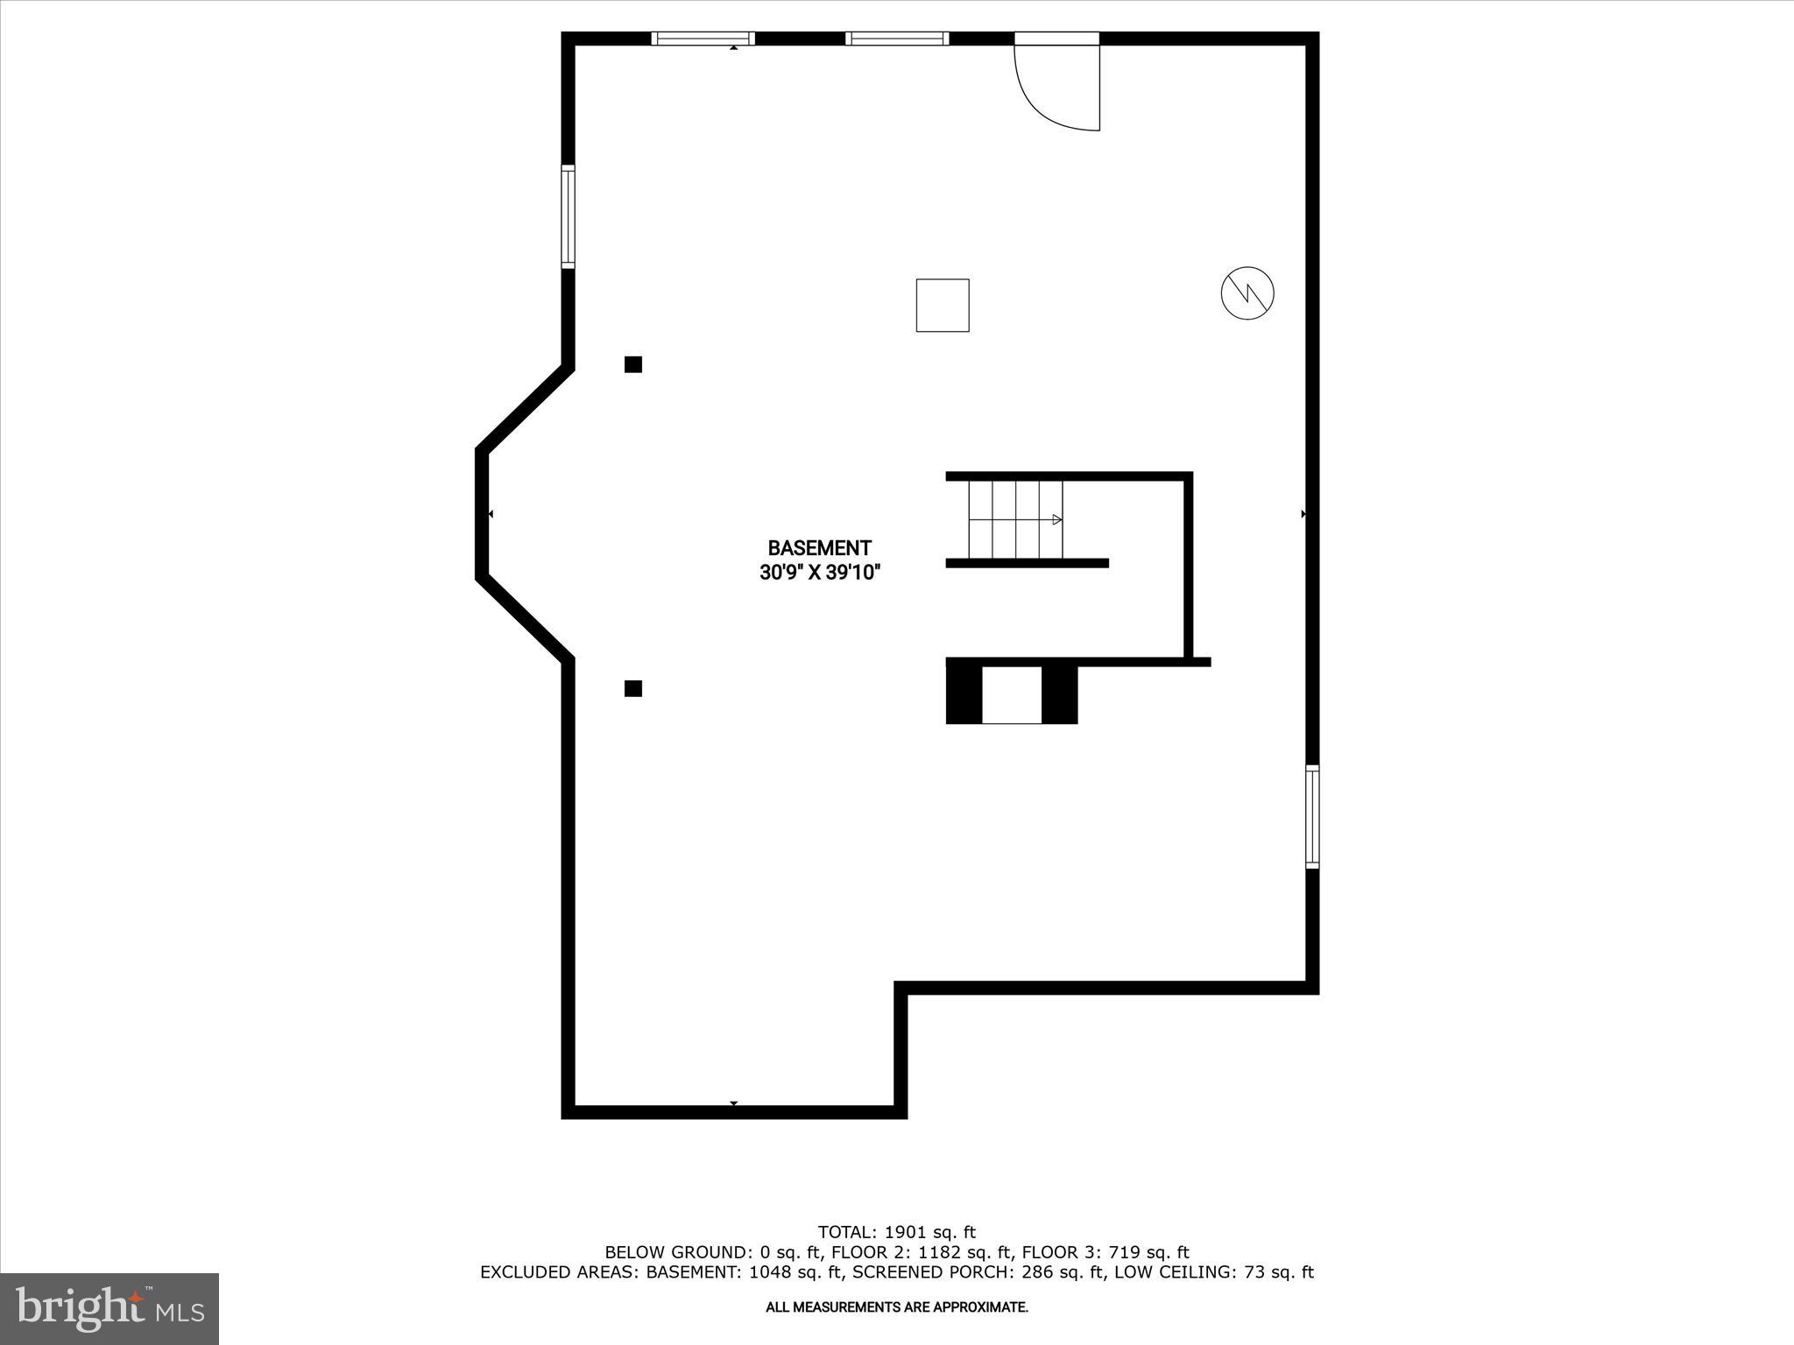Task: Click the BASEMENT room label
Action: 819,548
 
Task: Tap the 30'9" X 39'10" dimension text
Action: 819,574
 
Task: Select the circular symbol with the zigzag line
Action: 1247,292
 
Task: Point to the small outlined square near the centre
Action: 943,306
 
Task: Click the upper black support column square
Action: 633,364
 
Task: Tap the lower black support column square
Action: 633,688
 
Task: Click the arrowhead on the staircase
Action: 1057,519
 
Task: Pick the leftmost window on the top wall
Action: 703,39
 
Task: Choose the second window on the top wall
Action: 897,39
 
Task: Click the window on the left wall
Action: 568,216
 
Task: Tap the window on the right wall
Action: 1312,816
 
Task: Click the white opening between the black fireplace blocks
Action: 1012,695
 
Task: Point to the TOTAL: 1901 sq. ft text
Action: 896,1232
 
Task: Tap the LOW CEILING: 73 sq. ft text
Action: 1214,1272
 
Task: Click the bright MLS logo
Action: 109,1308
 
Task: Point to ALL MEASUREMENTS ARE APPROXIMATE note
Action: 896,1307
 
